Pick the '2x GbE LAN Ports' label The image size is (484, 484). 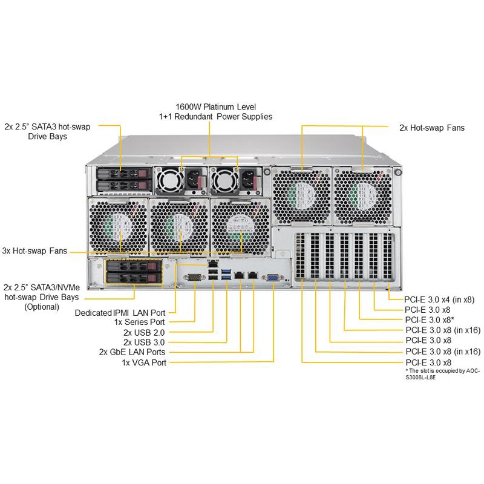point(132,352)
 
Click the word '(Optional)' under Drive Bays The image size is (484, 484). point(42,307)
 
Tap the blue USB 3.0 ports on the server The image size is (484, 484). point(226,276)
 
